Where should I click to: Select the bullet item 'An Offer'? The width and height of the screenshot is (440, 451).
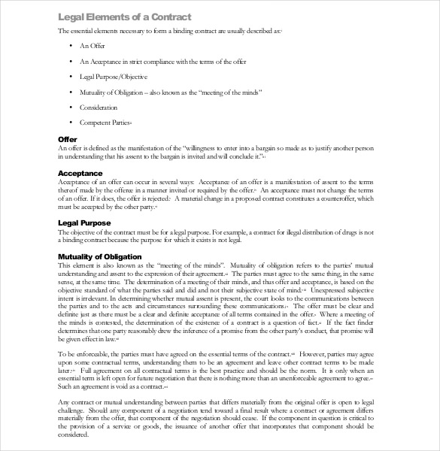pos(92,47)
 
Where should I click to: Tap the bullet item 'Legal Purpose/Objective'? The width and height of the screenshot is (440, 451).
pos(113,77)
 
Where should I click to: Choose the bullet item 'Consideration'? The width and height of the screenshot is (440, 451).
pos(99,107)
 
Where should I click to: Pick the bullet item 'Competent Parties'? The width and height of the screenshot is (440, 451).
pos(105,123)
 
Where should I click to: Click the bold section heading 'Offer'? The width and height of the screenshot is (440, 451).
pos(67,140)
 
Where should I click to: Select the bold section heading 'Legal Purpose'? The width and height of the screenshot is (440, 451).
pos(84,223)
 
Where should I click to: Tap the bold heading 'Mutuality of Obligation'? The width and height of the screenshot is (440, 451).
pos(100,257)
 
